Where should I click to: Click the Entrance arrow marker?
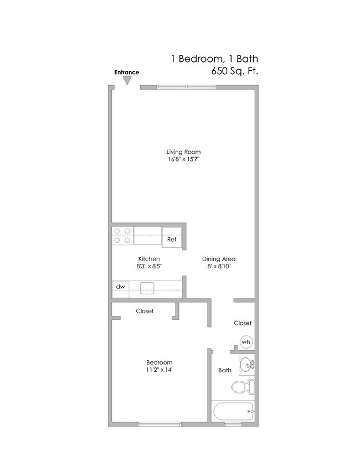coord(127,81)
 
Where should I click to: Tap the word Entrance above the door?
coord(126,72)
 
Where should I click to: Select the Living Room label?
coord(183,152)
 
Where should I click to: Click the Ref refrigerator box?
coord(172,240)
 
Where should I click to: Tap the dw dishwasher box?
coord(120,287)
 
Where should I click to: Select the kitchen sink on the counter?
coord(147,287)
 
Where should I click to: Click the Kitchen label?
coord(148,259)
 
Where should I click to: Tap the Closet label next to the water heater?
coord(243,323)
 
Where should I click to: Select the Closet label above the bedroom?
coord(145,311)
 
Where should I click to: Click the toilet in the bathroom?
coord(243,387)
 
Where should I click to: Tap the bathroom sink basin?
coord(246,365)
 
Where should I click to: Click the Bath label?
coord(224,370)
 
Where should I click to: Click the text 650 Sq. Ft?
coord(235,71)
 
